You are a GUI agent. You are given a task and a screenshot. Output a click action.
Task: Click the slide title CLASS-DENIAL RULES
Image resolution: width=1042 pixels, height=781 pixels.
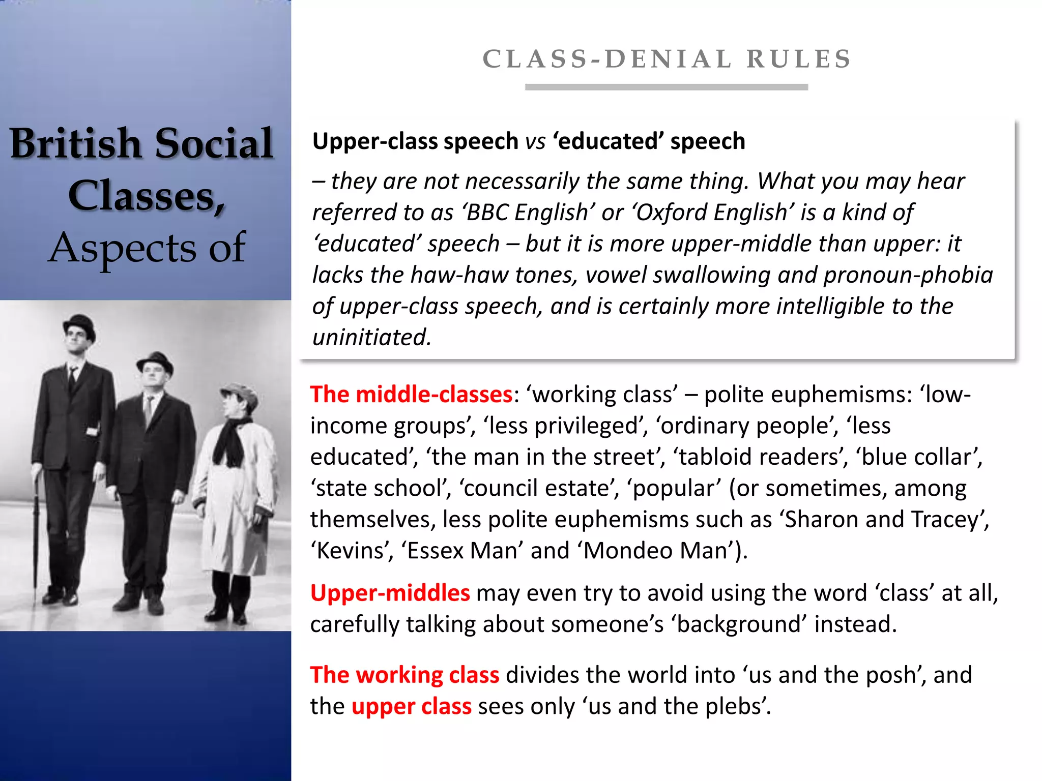[x=667, y=59]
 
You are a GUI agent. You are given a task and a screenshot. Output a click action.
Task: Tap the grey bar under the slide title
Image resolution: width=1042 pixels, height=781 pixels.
[x=667, y=87]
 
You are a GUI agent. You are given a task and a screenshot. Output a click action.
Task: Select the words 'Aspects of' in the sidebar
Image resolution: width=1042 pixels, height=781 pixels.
[x=147, y=248]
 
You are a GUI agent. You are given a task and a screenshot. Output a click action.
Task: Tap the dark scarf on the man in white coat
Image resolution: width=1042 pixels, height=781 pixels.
[x=231, y=440]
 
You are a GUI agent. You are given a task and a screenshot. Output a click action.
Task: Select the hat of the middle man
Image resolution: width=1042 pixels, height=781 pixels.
[x=155, y=362]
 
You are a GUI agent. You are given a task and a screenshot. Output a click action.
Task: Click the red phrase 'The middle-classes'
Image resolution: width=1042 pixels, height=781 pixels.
[x=411, y=395]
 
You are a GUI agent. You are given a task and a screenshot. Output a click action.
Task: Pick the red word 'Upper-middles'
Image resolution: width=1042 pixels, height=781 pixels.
[x=390, y=593]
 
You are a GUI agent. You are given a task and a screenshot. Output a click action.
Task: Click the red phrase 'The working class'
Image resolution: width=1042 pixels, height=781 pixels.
[x=404, y=675]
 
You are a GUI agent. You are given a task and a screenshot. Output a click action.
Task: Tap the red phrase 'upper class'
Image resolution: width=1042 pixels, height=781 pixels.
[x=411, y=707]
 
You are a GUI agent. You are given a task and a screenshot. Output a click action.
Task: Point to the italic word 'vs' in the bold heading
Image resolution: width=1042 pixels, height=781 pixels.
[x=535, y=142]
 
